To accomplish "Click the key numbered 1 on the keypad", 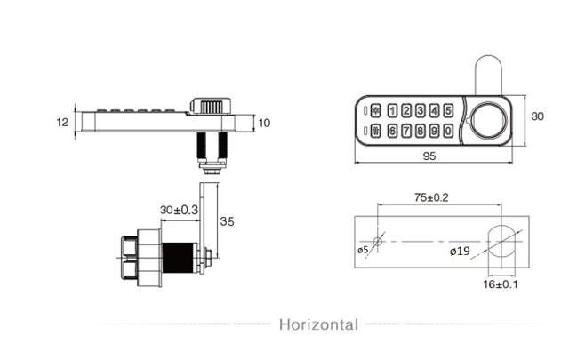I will click(x=393, y=112).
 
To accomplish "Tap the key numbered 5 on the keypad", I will click(x=447, y=112).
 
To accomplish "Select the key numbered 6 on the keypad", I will click(x=393, y=132).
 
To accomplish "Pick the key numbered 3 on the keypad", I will click(x=421, y=112).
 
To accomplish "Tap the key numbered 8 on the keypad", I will click(x=421, y=132).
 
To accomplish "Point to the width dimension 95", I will click(x=429, y=156).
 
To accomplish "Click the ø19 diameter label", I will click(x=460, y=252).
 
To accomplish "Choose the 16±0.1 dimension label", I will click(x=501, y=285).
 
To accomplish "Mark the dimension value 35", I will click(x=228, y=221).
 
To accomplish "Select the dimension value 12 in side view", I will click(x=61, y=123).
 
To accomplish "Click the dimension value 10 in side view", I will click(x=264, y=123).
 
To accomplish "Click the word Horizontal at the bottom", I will click(x=319, y=324).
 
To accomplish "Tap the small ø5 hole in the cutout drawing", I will click(x=379, y=241).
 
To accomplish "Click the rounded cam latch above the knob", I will click(x=488, y=75).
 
